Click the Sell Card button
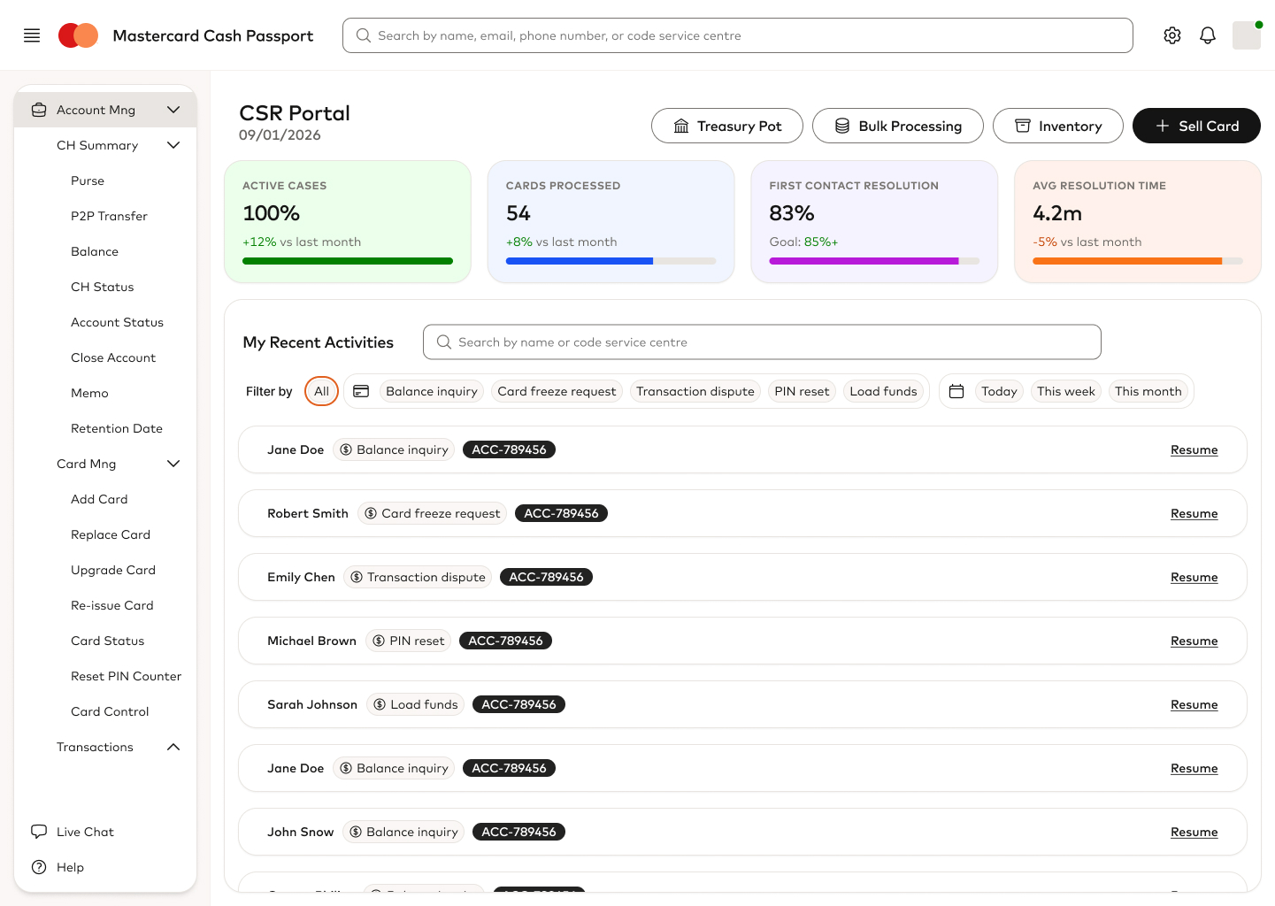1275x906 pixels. (x=1196, y=126)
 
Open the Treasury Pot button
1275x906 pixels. (x=726, y=126)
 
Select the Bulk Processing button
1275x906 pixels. (x=897, y=126)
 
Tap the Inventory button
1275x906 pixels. (x=1057, y=126)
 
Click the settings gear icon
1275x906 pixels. (x=1172, y=35)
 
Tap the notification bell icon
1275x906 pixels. (x=1208, y=35)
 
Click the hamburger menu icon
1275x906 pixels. (x=32, y=35)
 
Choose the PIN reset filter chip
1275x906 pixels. (x=802, y=391)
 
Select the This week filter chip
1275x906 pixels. (x=1065, y=391)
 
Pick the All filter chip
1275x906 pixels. (x=321, y=391)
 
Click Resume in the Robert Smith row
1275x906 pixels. (x=1194, y=513)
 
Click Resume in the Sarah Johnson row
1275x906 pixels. (x=1194, y=704)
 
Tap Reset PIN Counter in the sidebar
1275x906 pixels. (x=126, y=676)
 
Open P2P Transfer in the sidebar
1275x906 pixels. (x=109, y=216)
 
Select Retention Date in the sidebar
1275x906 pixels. (x=117, y=428)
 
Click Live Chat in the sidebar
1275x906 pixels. (x=85, y=832)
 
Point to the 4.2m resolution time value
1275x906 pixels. (x=1057, y=213)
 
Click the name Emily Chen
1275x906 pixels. (x=301, y=577)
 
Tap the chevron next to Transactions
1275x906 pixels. (x=173, y=747)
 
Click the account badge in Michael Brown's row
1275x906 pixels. (x=505, y=641)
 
